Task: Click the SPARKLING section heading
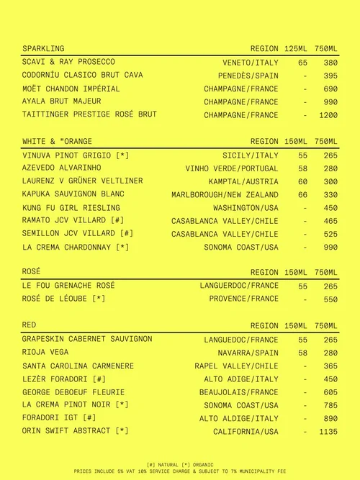pyautogui.click(x=43, y=48)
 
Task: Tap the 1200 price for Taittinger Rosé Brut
pyautogui.click(x=328, y=115)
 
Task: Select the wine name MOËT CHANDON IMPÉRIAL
pyautogui.click(x=71, y=89)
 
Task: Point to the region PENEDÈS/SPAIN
pyautogui.click(x=248, y=76)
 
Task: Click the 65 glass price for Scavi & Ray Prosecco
pyautogui.click(x=302, y=63)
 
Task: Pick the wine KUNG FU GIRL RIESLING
pyautogui.click(x=71, y=208)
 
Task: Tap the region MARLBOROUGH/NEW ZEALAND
pyautogui.click(x=225, y=195)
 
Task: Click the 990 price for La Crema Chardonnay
pyautogui.click(x=330, y=248)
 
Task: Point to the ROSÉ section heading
pyautogui.click(x=32, y=271)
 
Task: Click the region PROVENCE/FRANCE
pyautogui.click(x=243, y=299)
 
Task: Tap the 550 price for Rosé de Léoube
pyautogui.click(x=330, y=299)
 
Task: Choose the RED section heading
pyautogui.click(x=30, y=325)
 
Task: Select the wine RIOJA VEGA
pyautogui.click(x=45, y=353)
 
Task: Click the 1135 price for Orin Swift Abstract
pyautogui.click(x=328, y=432)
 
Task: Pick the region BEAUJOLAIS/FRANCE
pyautogui.click(x=238, y=392)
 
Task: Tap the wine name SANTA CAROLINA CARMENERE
pyautogui.click(x=78, y=366)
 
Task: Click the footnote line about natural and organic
pyautogui.click(x=180, y=465)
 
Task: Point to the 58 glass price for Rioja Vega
pyautogui.click(x=302, y=353)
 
